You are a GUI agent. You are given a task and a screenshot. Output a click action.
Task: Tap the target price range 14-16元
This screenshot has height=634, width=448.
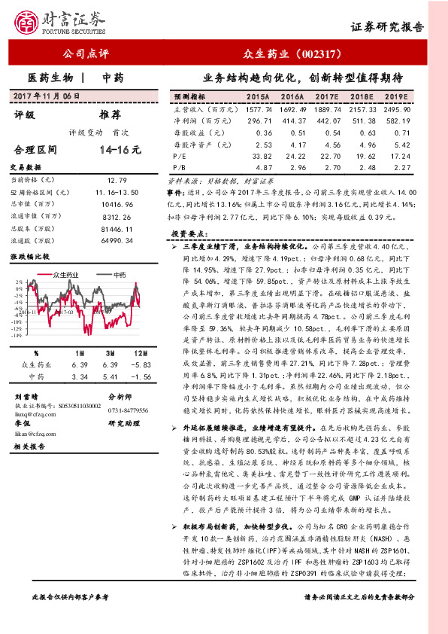121,150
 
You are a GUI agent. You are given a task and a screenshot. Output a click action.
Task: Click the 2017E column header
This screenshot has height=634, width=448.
327,98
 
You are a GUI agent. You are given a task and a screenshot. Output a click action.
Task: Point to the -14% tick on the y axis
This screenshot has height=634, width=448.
16,335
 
